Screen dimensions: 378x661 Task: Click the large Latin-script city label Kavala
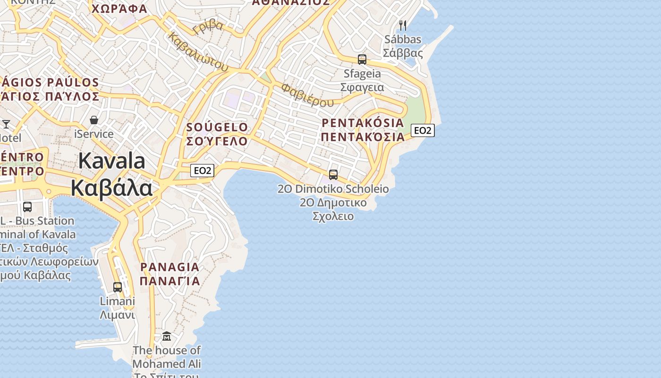click(112, 161)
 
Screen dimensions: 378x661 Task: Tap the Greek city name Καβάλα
click(112, 188)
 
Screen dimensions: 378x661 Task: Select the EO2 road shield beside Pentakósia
click(423, 130)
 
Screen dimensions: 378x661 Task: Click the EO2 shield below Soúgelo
click(202, 171)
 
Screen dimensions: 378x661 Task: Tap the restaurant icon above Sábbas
click(403, 25)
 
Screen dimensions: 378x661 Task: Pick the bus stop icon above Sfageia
click(362, 60)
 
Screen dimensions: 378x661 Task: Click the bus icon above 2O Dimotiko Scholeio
click(333, 175)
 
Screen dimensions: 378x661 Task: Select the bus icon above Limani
click(118, 287)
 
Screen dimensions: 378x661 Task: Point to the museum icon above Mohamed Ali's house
click(167, 336)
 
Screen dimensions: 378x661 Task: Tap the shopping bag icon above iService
click(94, 120)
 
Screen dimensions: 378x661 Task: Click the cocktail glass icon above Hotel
click(6, 124)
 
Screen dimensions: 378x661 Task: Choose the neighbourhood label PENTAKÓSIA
click(363, 123)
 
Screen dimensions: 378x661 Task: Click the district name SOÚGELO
click(217, 127)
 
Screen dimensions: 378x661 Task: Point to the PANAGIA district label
click(170, 267)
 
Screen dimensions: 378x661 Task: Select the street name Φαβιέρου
click(307, 95)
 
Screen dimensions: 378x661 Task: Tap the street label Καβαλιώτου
click(198, 52)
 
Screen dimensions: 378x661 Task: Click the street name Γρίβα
click(208, 27)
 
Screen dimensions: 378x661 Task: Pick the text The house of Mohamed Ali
click(167, 357)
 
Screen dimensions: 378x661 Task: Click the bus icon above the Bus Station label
click(27, 207)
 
